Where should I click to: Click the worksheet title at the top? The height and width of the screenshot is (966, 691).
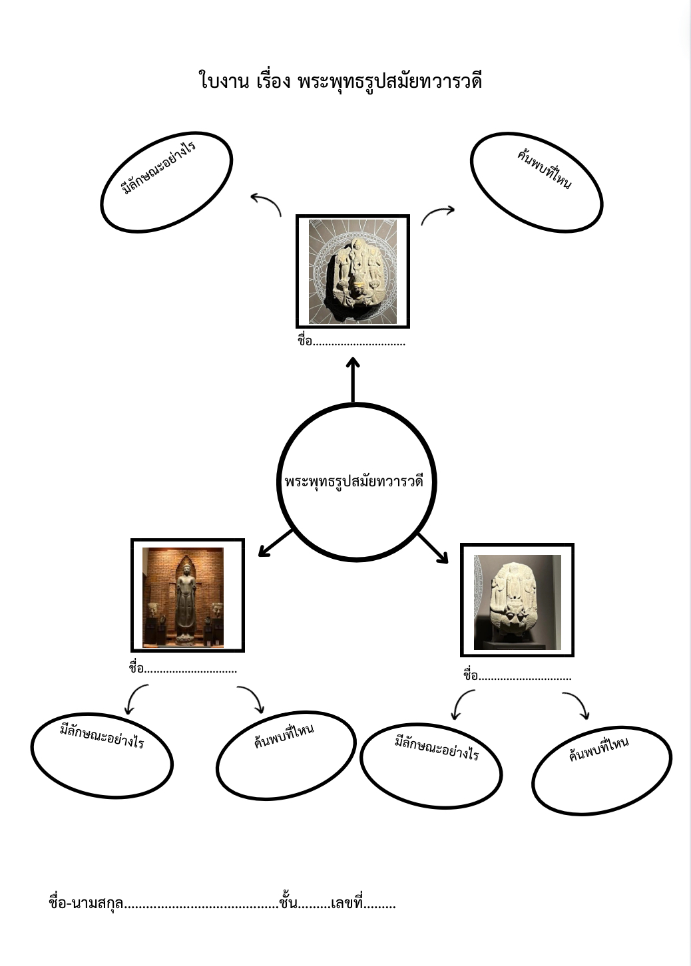(x=340, y=81)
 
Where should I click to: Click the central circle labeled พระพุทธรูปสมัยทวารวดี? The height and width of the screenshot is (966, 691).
(x=355, y=481)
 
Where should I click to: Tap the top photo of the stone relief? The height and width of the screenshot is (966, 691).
(x=352, y=271)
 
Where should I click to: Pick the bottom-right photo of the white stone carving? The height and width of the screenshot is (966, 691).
(x=517, y=601)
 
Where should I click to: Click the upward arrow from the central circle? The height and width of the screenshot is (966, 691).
(x=353, y=379)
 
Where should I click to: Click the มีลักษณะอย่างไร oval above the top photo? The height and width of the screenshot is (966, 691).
(x=166, y=182)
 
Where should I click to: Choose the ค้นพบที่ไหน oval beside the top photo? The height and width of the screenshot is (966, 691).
(x=536, y=183)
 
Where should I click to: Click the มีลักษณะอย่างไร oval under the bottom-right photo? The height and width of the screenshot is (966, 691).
(x=431, y=765)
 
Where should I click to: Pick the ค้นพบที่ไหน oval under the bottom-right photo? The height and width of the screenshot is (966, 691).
(x=601, y=769)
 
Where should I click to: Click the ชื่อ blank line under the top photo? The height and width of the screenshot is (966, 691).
(x=359, y=342)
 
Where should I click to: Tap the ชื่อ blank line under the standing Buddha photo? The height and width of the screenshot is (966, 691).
(x=190, y=669)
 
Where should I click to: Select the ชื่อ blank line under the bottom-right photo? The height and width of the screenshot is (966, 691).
(x=525, y=676)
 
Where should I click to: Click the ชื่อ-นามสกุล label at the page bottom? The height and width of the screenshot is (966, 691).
(x=86, y=903)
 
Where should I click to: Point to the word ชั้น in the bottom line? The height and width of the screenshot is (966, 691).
(x=288, y=903)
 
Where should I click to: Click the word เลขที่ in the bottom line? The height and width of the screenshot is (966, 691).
(x=346, y=903)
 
